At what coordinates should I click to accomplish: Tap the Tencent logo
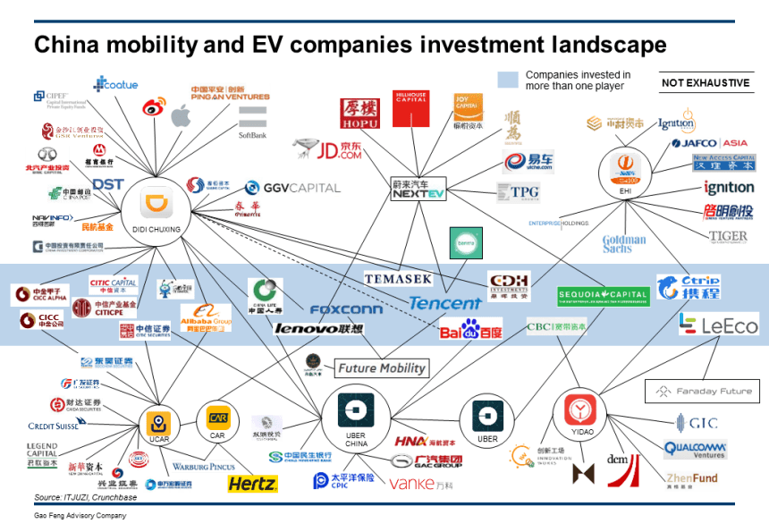click(444, 303)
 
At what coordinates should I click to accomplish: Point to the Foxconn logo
click(346, 309)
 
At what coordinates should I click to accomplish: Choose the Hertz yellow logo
click(252, 484)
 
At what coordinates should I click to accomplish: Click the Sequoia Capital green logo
click(603, 294)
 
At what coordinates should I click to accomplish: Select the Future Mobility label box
click(380, 367)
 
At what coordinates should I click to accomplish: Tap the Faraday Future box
click(703, 391)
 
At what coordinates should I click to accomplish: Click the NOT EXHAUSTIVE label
click(705, 83)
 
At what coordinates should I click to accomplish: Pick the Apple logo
click(181, 115)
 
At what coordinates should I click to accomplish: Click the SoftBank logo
click(252, 122)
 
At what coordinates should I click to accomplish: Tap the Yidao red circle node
click(580, 412)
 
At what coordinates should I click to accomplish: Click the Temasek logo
click(397, 279)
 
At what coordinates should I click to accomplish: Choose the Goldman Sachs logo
click(623, 244)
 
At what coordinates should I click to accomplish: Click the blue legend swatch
click(507, 80)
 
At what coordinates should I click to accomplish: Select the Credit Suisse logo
click(54, 426)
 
